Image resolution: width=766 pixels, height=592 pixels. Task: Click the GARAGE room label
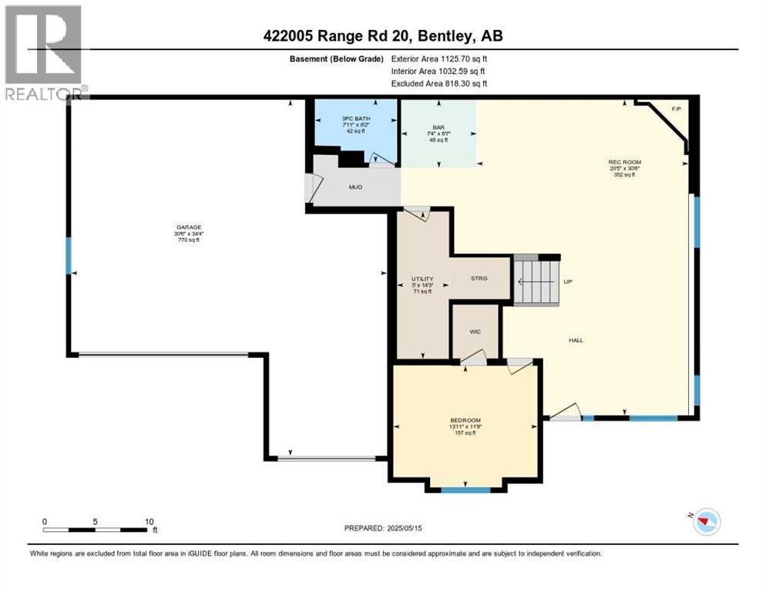[189, 227]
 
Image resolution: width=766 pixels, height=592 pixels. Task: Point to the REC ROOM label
[624, 162]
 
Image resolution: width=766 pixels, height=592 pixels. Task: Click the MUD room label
[355, 187]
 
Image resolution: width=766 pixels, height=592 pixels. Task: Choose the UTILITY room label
[422, 279]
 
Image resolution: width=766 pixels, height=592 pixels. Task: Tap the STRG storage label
[479, 278]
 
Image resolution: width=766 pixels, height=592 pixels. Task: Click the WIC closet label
[475, 331]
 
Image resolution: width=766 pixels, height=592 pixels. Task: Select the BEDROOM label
[465, 420]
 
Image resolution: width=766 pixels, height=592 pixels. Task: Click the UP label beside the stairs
[568, 282]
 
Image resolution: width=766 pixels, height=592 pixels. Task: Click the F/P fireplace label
[677, 109]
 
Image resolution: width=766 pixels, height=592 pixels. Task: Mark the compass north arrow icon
[702, 523]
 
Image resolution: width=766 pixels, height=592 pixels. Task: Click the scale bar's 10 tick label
[148, 521]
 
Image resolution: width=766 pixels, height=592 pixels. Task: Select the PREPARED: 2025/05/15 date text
[384, 528]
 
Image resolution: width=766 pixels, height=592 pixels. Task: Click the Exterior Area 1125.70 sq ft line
[438, 58]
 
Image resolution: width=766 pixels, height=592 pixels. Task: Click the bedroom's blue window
[465, 489]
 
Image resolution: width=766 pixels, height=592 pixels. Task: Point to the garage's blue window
[69, 255]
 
